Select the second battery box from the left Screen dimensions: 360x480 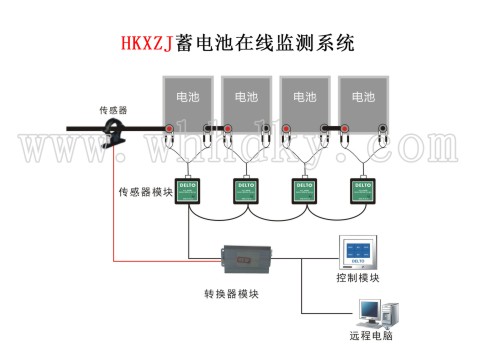click(244, 97)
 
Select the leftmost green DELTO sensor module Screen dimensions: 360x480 click(188, 189)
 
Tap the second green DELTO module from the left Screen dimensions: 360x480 click(246, 189)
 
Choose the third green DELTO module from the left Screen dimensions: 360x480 click(303, 189)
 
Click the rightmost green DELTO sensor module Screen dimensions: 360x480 click(361, 189)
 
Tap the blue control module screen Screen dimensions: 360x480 click(357, 253)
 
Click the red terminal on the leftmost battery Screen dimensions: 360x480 click(171, 129)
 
